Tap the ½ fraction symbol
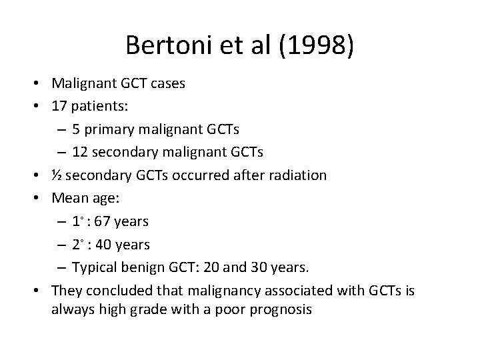tap(56, 175)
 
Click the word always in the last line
tap(69, 311)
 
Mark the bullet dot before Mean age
tap(41, 197)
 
